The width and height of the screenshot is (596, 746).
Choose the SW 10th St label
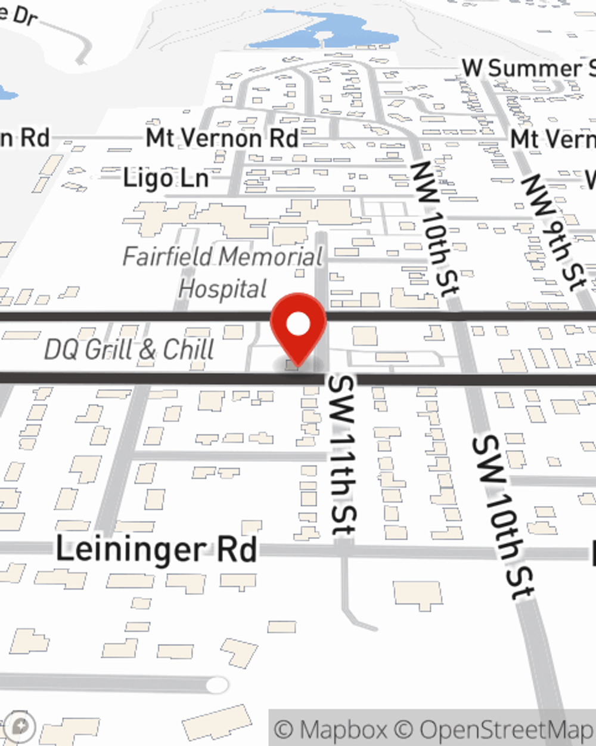click(502, 517)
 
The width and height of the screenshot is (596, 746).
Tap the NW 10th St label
click(436, 227)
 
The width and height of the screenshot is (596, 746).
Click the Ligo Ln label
click(166, 178)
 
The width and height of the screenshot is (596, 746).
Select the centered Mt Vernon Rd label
click(222, 138)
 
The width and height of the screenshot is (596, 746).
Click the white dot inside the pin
click(298, 324)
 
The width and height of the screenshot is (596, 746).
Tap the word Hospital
click(223, 289)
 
